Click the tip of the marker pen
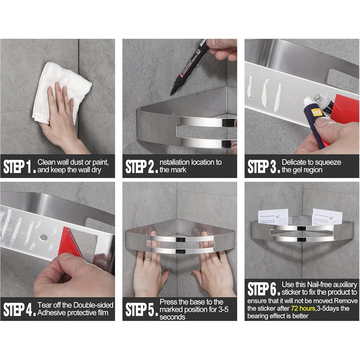171,94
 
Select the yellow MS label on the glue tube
317,113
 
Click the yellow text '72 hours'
303,309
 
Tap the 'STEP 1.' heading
20,167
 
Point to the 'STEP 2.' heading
141,167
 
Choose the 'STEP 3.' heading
264,167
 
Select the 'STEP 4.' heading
20,309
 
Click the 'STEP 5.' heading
141,309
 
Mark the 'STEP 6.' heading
264,289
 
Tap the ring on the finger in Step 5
148,259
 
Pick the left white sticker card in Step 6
273,217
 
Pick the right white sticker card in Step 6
327,218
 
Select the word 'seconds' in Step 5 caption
172,317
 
